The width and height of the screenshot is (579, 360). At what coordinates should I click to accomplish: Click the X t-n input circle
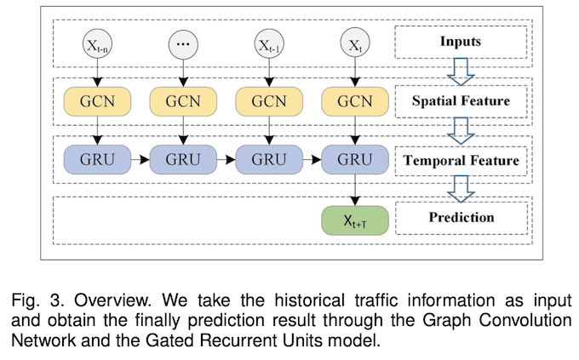click(x=97, y=44)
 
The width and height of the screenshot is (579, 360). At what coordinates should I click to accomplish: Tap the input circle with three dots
click(x=183, y=44)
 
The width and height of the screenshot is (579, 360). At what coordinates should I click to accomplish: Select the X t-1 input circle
click(x=269, y=44)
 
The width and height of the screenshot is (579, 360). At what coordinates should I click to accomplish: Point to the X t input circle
click(x=355, y=44)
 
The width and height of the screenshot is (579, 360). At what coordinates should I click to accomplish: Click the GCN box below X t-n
click(x=97, y=101)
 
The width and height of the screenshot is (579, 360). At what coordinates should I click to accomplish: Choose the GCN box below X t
click(x=355, y=101)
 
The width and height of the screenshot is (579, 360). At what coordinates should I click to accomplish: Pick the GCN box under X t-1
click(x=269, y=101)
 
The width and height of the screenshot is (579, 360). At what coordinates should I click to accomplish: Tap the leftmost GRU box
click(x=97, y=159)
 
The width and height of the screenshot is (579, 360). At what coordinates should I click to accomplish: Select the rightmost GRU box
click(x=355, y=159)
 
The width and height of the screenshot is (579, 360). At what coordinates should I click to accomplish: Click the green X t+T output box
click(x=355, y=220)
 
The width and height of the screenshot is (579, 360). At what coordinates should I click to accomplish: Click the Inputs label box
click(x=461, y=42)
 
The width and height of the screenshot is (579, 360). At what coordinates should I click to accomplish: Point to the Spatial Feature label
click(x=461, y=101)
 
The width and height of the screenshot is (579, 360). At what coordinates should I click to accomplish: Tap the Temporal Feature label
click(x=461, y=161)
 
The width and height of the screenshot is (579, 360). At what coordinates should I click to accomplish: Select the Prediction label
click(x=461, y=218)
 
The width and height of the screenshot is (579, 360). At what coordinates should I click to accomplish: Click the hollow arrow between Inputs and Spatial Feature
click(x=461, y=71)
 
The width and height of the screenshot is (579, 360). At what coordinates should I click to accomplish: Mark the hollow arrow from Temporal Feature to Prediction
click(x=461, y=189)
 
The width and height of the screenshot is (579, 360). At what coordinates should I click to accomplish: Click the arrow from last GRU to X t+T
click(x=355, y=190)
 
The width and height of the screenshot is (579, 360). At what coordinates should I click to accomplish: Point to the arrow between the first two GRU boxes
click(x=140, y=159)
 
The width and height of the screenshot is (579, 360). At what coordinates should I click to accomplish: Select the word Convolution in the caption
click(x=525, y=320)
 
